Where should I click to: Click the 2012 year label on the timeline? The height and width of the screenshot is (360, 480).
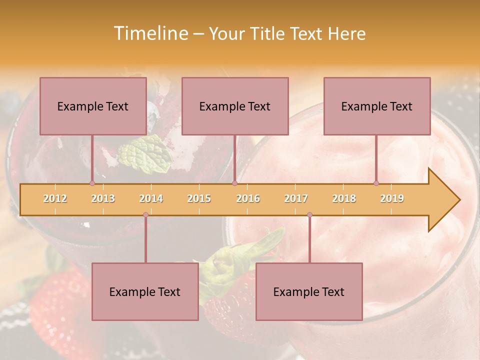pyautogui.click(x=55, y=198)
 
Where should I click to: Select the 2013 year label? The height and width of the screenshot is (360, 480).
pyautogui.click(x=103, y=198)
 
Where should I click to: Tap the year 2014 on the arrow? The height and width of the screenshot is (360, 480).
pyautogui.click(x=151, y=198)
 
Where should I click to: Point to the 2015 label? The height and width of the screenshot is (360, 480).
pyautogui.click(x=199, y=198)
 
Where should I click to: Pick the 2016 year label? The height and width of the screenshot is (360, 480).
pyautogui.click(x=248, y=198)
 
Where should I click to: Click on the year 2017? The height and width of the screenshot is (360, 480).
pyautogui.click(x=296, y=198)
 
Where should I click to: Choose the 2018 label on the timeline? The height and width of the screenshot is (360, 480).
pyautogui.click(x=344, y=198)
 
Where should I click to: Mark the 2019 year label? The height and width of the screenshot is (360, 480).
pyautogui.click(x=392, y=198)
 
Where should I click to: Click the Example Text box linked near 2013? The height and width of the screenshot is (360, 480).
pyautogui.click(x=93, y=106)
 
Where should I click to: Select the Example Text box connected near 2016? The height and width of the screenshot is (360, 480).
pyautogui.click(x=235, y=106)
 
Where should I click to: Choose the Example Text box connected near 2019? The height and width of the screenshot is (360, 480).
pyautogui.click(x=377, y=106)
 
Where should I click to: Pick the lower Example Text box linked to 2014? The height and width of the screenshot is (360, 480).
pyautogui.click(x=145, y=291)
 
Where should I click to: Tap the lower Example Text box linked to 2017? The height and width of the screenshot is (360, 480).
pyautogui.click(x=309, y=291)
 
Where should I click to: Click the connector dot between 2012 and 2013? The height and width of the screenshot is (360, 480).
pyautogui.click(x=92, y=183)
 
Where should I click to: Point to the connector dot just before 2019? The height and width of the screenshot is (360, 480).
pyautogui.click(x=376, y=183)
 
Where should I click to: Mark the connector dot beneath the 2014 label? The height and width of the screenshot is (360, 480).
pyautogui.click(x=145, y=215)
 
